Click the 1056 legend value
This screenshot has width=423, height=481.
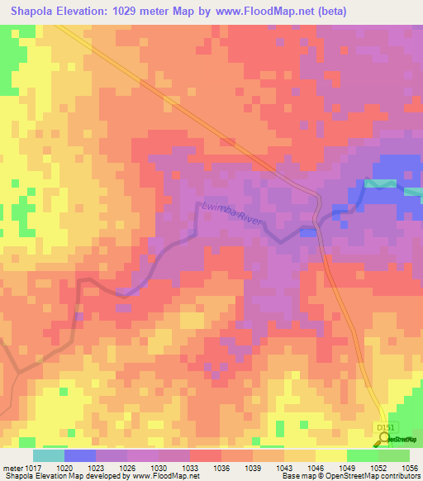410,468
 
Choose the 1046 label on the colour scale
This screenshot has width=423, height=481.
313,468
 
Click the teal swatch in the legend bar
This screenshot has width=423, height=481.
48,455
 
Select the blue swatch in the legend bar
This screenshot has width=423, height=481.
79,455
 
